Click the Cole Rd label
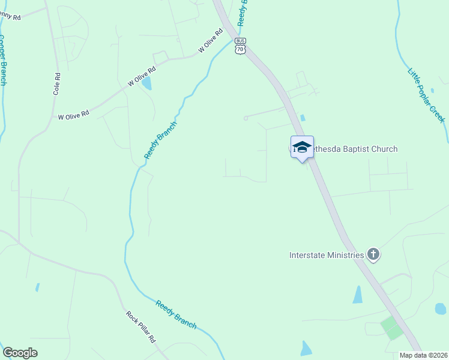coord(57,85)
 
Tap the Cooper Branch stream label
coord(3,59)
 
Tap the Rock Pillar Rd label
coord(141,326)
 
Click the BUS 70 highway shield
coord(240,47)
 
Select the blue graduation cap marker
coord(302,147)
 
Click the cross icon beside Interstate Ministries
coord(373,254)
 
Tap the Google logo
coord(20,353)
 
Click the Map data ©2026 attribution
coord(423,355)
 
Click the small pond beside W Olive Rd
coord(146,83)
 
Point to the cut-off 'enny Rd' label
coord(10,17)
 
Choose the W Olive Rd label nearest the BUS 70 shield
coord(210,44)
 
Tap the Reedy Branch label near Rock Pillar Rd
coord(176,314)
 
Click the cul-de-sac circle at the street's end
coord(246,118)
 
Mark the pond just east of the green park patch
coord(441,309)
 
